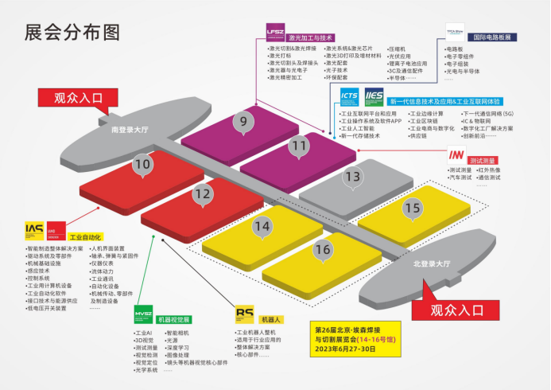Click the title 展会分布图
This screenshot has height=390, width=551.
coord(72,31)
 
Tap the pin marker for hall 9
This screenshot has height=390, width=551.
coord(243,121)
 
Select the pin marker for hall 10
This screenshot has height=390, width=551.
coord(142,165)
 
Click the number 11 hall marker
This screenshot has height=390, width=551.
coord(298,145)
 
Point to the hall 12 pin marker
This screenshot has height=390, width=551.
coord(203,192)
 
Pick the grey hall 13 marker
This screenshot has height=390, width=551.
coord(352,176)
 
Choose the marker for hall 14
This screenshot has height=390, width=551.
coord(262,225)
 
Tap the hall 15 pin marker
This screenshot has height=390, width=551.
coord(411,208)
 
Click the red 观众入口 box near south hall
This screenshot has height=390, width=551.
coord(80,99)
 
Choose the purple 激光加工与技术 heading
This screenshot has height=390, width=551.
coord(311,37)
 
